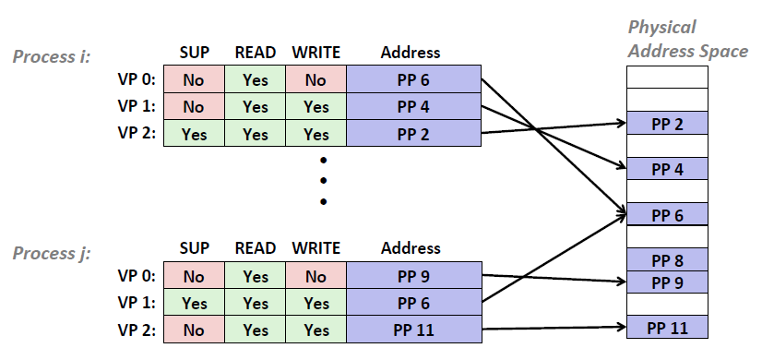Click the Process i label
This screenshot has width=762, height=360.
tap(52, 57)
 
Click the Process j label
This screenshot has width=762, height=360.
tap(52, 253)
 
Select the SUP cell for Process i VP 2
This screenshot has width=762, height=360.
tap(194, 134)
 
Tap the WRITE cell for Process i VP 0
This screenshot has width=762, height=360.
tap(316, 80)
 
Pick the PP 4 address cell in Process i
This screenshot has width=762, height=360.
tap(413, 107)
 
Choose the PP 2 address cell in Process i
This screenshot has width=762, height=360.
tap(413, 134)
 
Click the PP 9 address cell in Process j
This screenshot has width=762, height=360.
tap(413, 275)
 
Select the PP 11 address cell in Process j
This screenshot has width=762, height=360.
tap(413, 329)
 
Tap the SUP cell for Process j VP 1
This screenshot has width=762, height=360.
tap(194, 302)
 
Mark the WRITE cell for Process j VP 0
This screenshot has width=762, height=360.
tap(316, 275)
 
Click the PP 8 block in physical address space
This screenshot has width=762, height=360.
tap(666, 260)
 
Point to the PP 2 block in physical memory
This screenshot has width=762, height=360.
tap(666, 124)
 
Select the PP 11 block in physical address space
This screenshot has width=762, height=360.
tap(666, 328)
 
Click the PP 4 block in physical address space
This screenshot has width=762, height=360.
tap(666, 170)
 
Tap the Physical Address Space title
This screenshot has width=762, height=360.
tap(687, 39)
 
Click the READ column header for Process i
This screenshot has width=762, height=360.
tap(255, 54)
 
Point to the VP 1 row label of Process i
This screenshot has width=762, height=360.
tap(136, 107)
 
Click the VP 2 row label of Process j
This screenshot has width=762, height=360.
tap(136, 329)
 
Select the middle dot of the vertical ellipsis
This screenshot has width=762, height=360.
tap(323, 180)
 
